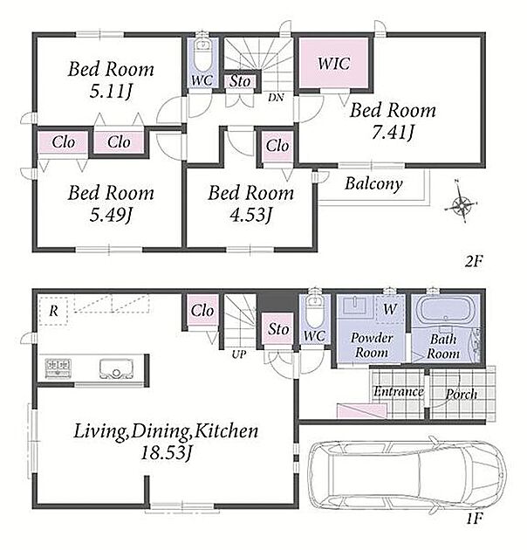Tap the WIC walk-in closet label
pyautogui.click(x=333, y=64)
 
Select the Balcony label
pyautogui.click(x=373, y=184)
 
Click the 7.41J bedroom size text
pyautogui.click(x=393, y=132)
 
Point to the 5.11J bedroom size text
pyautogui.click(x=111, y=91)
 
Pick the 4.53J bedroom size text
pyautogui.click(x=250, y=215)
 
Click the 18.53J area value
pyautogui.click(x=166, y=452)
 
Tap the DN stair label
pyautogui.click(x=276, y=98)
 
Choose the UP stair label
pyautogui.click(x=239, y=354)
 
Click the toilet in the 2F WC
pyautogui.click(x=202, y=55)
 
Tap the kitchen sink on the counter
pyautogui.click(x=116, y=368)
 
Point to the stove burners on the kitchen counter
pyautogui.click(x=58, y=368)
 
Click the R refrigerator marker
pyautogui.click(x=53, y=311)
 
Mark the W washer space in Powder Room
pyautogui.click(x=390, y=309)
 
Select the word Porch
pyautogui.click(x=461, y=394)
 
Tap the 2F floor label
pyautogui.click(x=474, y=261)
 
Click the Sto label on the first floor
pyautogui.click(x=278, y=329)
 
